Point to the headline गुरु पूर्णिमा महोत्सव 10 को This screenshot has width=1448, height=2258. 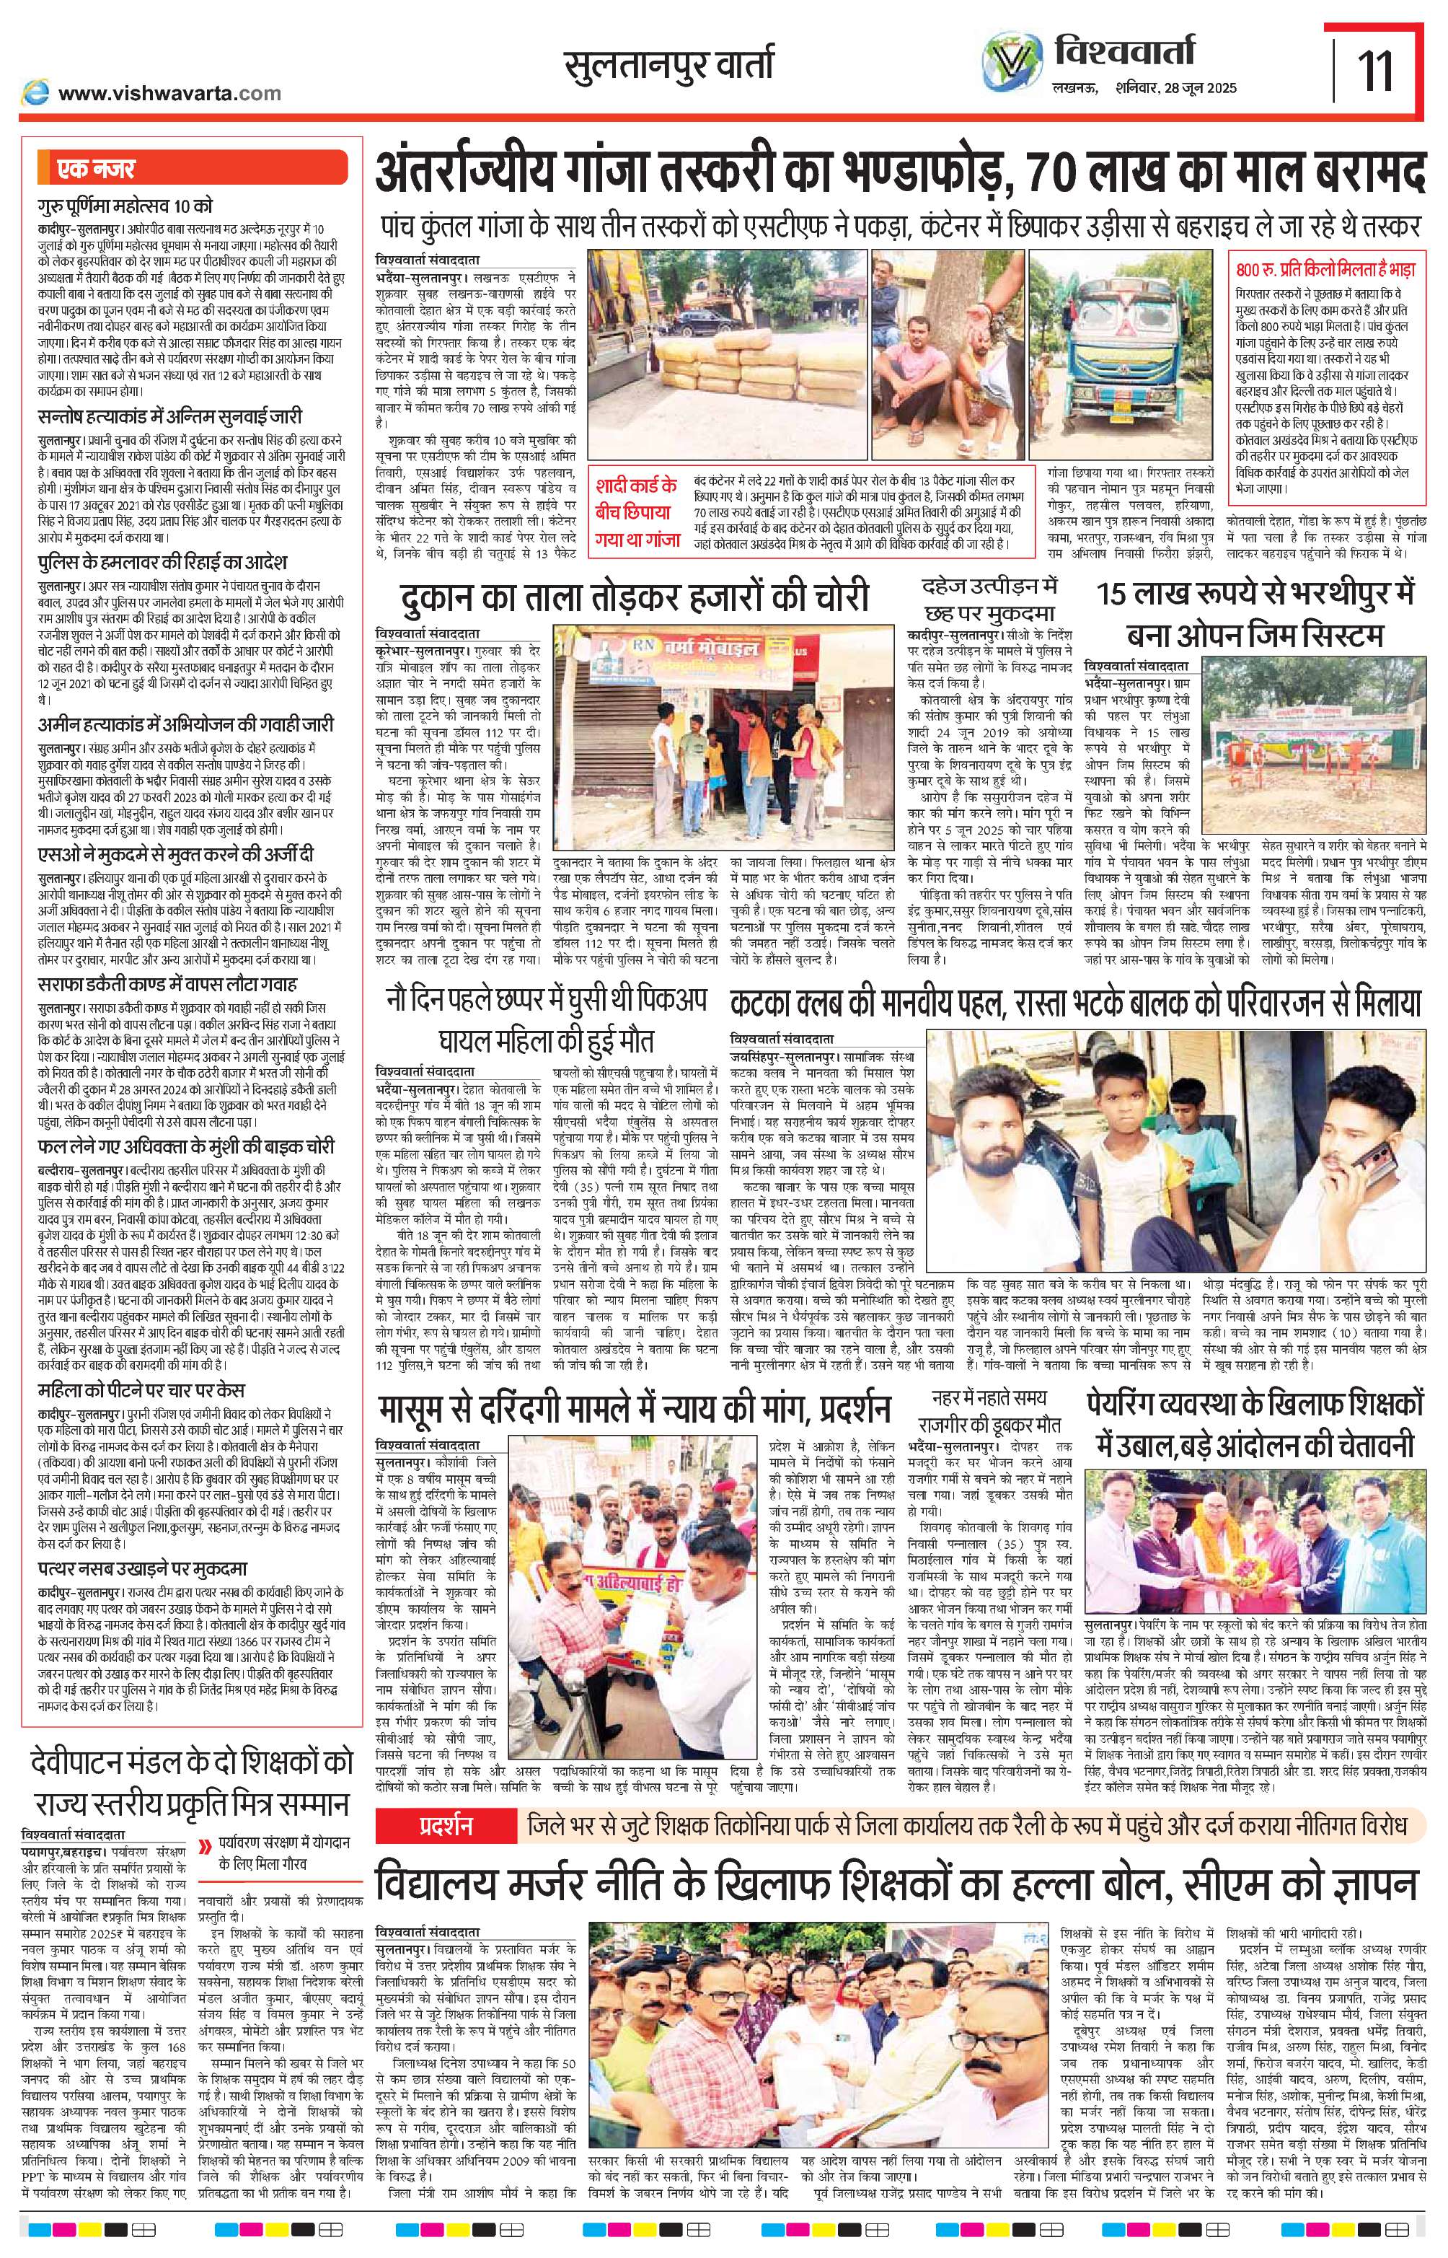[x=127, y=204]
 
